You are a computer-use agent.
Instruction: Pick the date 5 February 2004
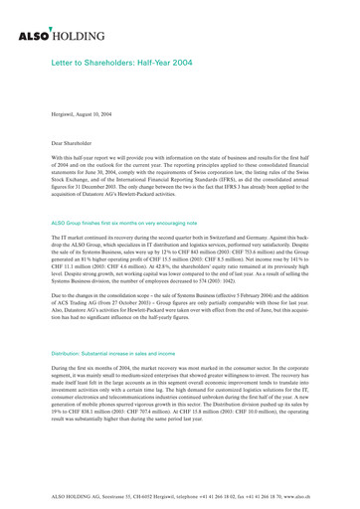pyautogui.click(x=248, y=295)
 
